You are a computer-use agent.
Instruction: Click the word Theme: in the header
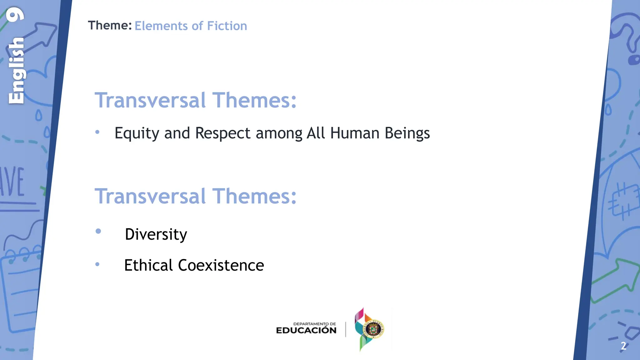tap(110, 26)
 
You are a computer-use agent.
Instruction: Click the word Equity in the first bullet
tap(137, 133)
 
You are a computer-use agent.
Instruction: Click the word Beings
tap(407, 133)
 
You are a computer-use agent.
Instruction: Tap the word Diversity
tap(156, 234)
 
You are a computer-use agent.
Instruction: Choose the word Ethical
tap(148, 265)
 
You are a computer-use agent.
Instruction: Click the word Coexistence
tap(221, 265)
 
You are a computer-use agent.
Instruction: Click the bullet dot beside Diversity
tap(98, 231)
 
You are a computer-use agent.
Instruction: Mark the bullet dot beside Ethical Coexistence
tap(97, 264)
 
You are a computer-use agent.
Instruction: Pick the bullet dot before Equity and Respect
tap(97, 132)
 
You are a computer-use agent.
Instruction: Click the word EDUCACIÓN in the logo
tap(306, 330)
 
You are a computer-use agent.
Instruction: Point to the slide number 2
tap(623, 346)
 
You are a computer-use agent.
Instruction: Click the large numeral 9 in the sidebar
tap(16, 15)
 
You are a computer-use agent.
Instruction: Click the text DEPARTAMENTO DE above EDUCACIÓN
tap(314, 324)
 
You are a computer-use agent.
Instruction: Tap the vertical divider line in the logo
tap(346, 329)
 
